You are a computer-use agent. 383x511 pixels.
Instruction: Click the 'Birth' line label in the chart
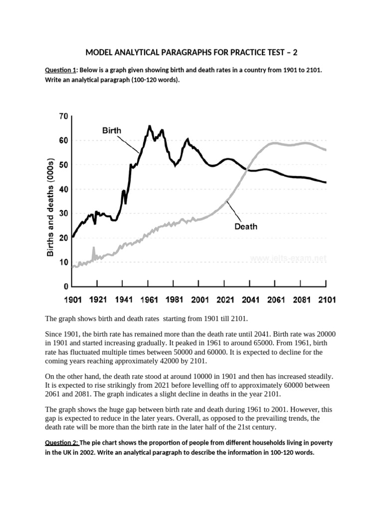(112, 131)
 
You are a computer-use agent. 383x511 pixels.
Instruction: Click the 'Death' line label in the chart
(246, 227)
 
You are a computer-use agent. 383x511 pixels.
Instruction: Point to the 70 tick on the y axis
(63, 116)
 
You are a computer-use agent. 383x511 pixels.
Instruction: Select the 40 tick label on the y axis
(63, 190)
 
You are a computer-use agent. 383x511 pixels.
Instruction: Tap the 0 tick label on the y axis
(65, 287)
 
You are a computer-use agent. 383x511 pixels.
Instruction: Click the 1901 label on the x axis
(72, 300)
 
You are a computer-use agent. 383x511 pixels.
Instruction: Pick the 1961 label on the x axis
(149, 300)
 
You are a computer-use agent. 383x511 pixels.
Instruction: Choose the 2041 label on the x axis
(250, 300)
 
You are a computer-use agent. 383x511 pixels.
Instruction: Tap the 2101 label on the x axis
(326, 300)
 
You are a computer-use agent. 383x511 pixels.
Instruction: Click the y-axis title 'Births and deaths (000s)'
(50, 208)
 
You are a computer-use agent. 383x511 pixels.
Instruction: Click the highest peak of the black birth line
(150, 126)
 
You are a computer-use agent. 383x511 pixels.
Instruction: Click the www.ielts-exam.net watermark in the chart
(288, 258)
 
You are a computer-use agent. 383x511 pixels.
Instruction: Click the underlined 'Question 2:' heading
(62, 443)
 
